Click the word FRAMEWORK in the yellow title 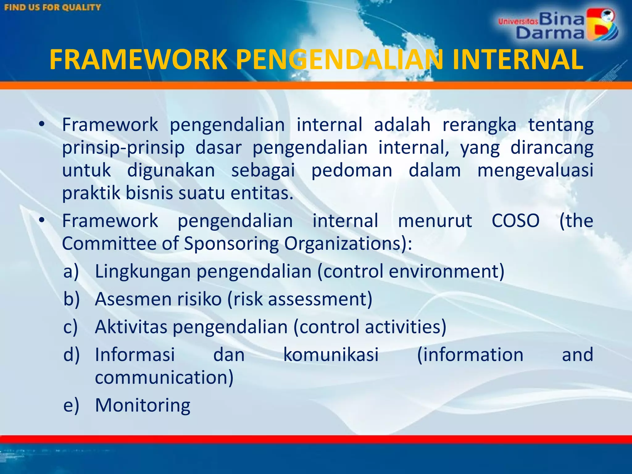(x=138, y=60)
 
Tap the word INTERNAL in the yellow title (x=518, y=60)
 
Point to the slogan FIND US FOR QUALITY (x=53, y=7)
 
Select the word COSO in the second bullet (x=515, y=221)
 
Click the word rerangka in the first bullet (x=479, y=125)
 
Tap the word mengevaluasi (x=535, y=170)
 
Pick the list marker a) (x=71, y=272)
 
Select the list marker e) (x=71, y=405)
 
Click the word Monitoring (x=143, y=405)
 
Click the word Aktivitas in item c (x=131, y=327)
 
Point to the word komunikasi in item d (x=331, y=355)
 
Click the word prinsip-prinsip (x=123, y=148)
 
